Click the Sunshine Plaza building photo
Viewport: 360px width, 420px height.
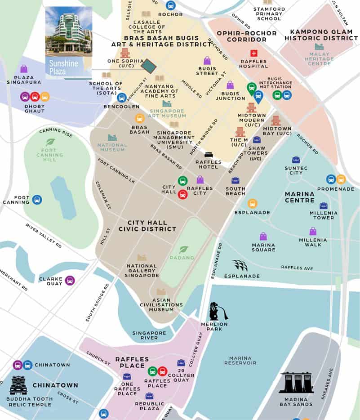(x=69, y=36)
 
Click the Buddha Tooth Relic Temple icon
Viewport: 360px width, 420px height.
(x=18, y=385)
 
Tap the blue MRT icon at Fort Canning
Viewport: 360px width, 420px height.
(x=37, y=199)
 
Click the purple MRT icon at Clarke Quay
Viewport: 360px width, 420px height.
(x=70, y=280)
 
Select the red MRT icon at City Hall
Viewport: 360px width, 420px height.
(x=182, y=194)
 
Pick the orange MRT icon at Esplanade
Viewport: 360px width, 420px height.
(x=253, y=204)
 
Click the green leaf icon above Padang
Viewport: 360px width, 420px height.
(x=183, y=250)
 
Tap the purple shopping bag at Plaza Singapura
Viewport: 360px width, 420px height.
(x=24, y=69)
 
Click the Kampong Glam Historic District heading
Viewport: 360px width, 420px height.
(x=318, y=35)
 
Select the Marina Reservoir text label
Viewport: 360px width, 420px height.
(x=240, y=360)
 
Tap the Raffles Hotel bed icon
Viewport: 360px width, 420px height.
(x=209, y=155)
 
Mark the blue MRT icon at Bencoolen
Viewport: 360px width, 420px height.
(x=121, y=97)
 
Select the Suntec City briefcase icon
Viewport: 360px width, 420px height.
(x=296, y=160)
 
